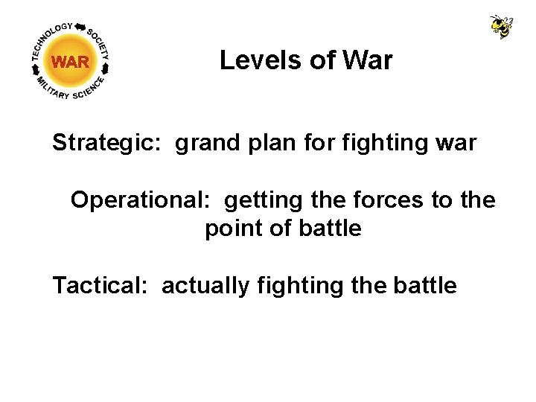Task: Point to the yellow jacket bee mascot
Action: click(501, 26)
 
